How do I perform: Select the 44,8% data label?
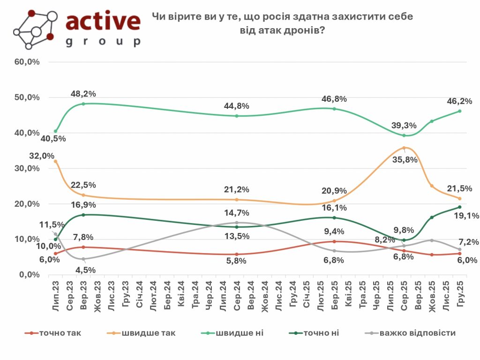pyautogui.click(x=237, y=105)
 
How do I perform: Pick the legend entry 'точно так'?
pyautogui.click(x=60, y=333)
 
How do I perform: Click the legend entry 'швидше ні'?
pyautogui.click(x=239, y=333)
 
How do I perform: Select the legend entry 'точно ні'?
pyautogui.click(x=321, y=333)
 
